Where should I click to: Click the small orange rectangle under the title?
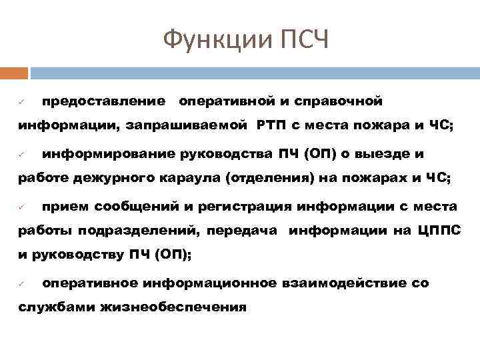point(14,73)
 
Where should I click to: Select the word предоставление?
point(104,101)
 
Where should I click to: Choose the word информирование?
point(109,155)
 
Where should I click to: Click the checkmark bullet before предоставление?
point(21,102)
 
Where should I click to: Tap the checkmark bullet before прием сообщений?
point(21,207)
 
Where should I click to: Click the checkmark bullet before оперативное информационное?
point(21,284)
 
